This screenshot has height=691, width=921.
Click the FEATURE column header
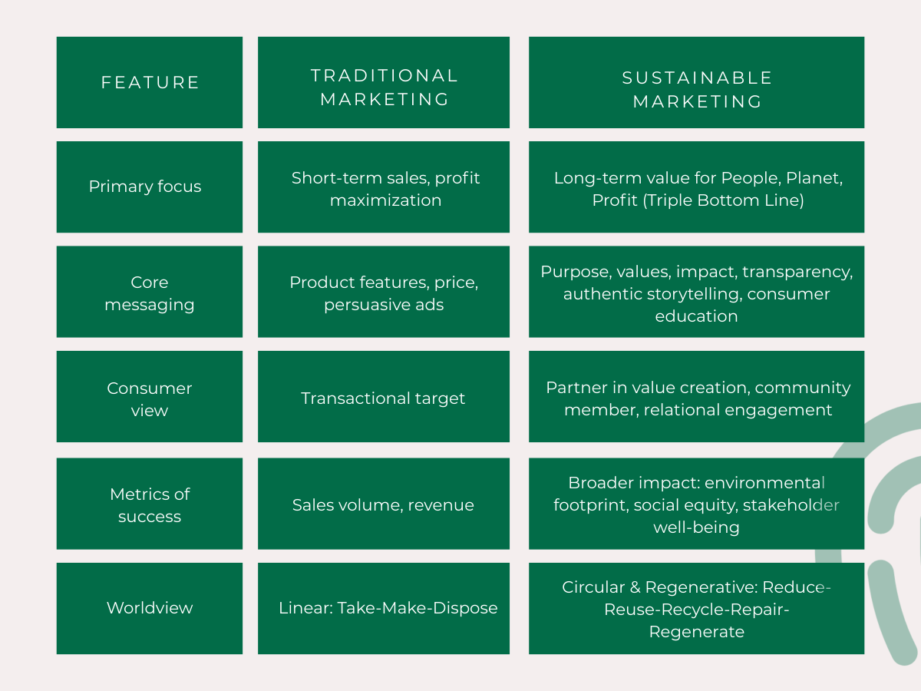coord(150,82)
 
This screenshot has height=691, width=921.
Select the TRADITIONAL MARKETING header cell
coord(384,87)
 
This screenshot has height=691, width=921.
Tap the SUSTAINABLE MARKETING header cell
coord(697,89)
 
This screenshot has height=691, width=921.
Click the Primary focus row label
coord(145,187)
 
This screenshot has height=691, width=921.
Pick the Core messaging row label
coord(150,293)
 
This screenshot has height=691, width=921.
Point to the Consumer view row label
coord(150,398)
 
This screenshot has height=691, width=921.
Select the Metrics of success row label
coord(150,505)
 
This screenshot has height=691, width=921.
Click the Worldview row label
coord(150,608)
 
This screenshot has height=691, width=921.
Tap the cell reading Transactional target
coord(383,398)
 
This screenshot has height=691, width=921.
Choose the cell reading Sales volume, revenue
coord(383,505)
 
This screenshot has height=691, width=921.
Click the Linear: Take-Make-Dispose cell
coord(388,608)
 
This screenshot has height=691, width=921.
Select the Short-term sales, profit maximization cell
coord(385,189)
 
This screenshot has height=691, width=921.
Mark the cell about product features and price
coord(384,293)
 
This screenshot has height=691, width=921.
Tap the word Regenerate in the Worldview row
coord(697,632)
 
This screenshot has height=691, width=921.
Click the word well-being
coord(697,527)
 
